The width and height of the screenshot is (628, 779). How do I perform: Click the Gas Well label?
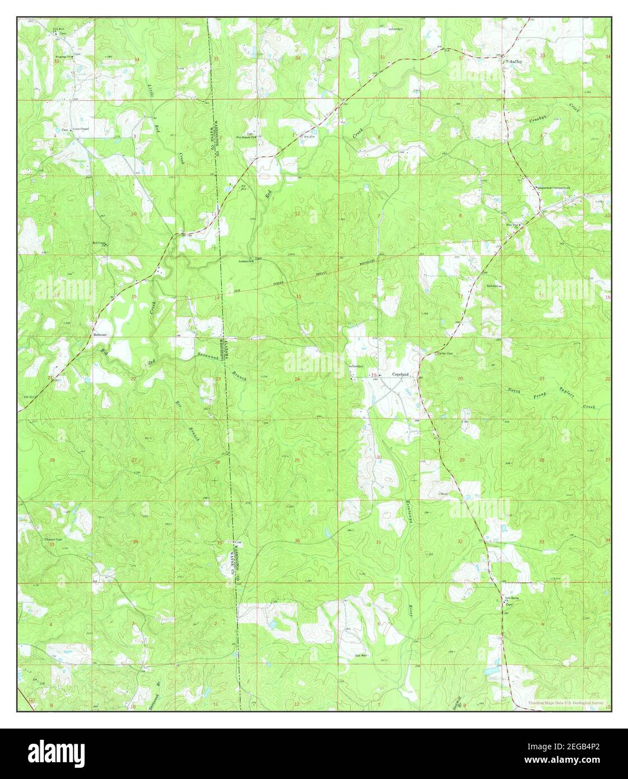(x=361, y=655)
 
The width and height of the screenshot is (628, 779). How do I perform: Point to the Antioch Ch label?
(x=245, y=262)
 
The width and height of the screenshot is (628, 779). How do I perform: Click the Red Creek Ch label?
(x=99, y=243)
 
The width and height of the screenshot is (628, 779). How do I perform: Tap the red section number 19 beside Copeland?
(x=373, y=374)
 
